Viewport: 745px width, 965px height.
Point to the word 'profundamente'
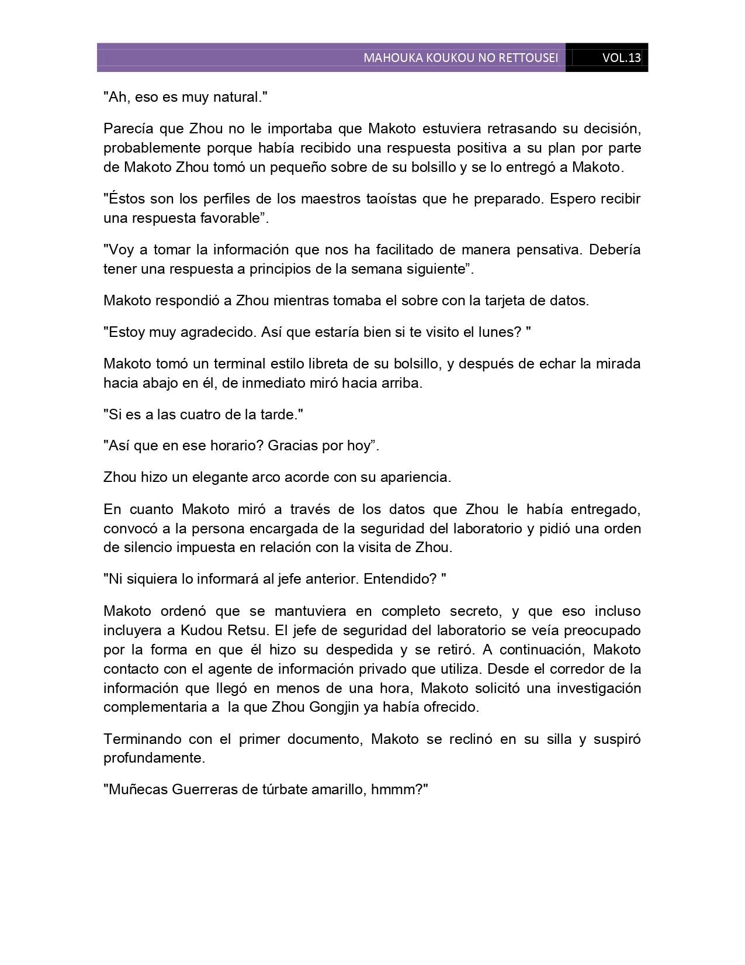click(153, 758)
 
